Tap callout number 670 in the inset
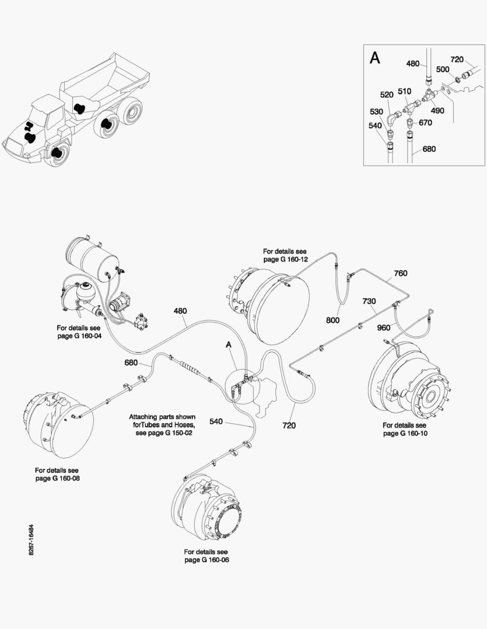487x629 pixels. tap(425, 122)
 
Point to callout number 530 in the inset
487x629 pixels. tap(376, 111)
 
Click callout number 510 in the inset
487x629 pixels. tap(404, 91)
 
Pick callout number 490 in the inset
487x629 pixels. tap(437, 110)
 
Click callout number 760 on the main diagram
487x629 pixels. tap(400, 273)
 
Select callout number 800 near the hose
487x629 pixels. tap(333, 319)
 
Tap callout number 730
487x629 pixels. tap(369, 301)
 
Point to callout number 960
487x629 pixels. tap(383, 327)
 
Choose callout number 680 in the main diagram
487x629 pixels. tap(131, 363)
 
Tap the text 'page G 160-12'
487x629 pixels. tap(285, 259)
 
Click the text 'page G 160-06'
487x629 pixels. tap(206, 560)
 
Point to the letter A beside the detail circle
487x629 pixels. tap(229, 345)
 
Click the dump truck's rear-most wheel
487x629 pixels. tap(132, 112)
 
